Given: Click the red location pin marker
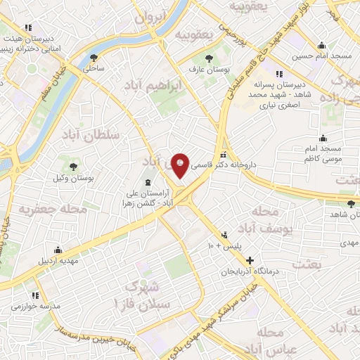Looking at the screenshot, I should (181, 165).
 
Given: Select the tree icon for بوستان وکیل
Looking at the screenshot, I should (72, 166).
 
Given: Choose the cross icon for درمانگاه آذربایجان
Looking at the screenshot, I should (250, 260).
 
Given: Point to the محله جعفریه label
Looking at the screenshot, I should (53, 209).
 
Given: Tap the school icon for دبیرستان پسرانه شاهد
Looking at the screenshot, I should (279, 74).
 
